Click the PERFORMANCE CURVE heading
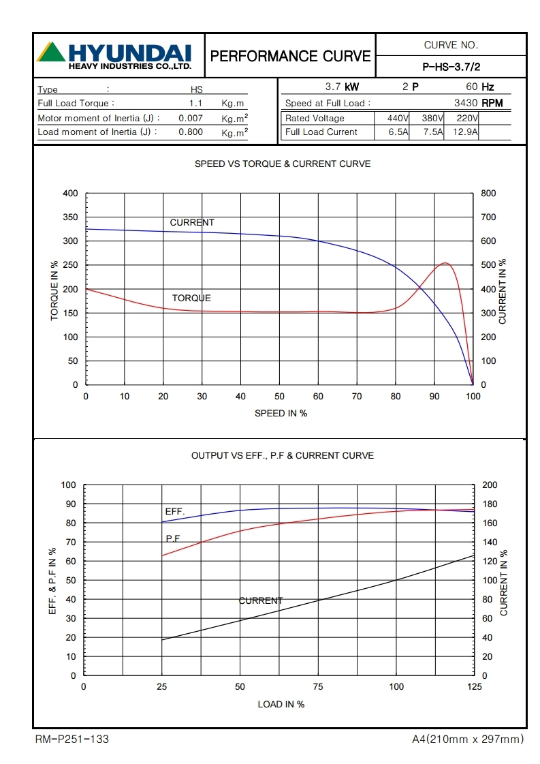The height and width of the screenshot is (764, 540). click(291, 56)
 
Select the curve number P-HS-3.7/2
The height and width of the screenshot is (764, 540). click(451, 67)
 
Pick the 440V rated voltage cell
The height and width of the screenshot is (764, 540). click(393, 118)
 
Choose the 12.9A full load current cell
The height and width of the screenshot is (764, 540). click(465, 132)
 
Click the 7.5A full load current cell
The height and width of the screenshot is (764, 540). click(432, 132)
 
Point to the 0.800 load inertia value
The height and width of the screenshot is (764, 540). click(190, 132)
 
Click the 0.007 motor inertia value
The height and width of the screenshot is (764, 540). click(190, 118)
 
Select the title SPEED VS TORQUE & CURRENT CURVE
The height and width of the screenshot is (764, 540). click(283, 164)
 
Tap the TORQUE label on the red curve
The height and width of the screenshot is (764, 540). click(191, 298)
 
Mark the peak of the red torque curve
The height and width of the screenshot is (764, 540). click(445, 263)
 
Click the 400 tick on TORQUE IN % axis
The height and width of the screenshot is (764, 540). click(71, 194)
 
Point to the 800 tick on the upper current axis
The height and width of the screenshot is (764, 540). click(488, 194)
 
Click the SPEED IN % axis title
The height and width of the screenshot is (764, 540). click(281, 413)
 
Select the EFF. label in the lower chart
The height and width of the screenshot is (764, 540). click(175, 512)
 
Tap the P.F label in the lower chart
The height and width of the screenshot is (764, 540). click(173, 538)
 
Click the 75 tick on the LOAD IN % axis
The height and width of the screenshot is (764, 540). click(318, 687)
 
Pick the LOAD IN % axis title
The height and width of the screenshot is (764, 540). click(281, 704)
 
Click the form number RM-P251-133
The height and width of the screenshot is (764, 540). click(72, 739)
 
